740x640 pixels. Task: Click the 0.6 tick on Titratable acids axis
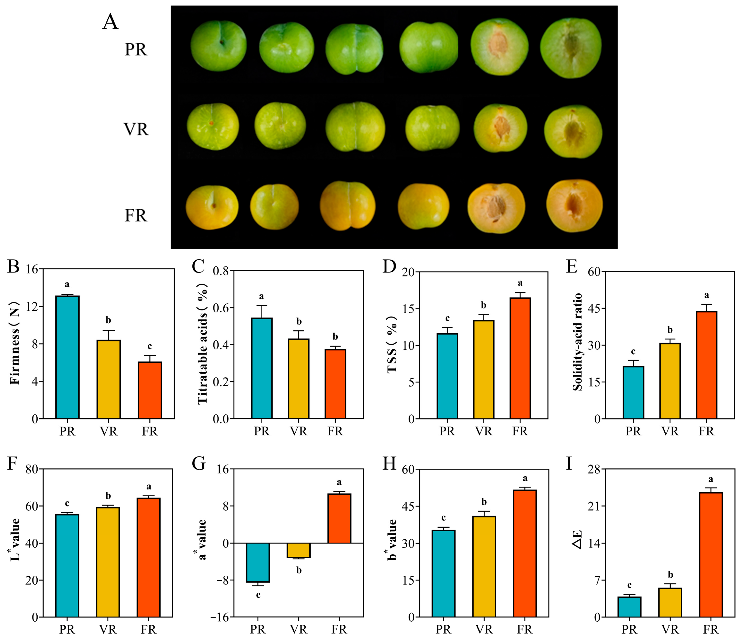pos(221,308)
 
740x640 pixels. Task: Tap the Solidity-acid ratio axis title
pos(577,342)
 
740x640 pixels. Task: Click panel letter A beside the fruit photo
pos(110,22)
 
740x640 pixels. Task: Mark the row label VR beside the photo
pos(136,129)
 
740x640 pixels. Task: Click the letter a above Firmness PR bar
pos(67,285)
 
